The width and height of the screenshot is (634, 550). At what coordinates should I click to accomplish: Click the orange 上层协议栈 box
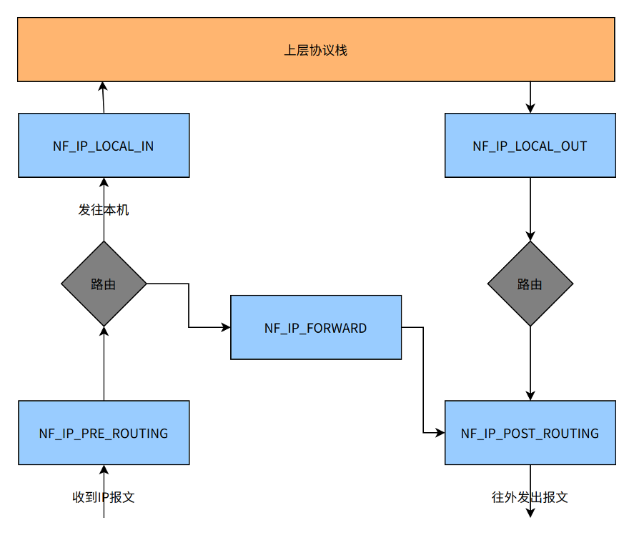[x=316, y=49]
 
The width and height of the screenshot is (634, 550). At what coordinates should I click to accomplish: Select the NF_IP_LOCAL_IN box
[x=104, y=145]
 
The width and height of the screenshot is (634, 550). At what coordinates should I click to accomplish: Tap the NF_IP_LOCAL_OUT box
[x=530, y=145]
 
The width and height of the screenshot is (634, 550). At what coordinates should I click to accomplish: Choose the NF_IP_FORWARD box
[x=315, y=328]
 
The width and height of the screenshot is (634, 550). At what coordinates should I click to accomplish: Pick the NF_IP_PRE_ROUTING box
[x=104, y=433]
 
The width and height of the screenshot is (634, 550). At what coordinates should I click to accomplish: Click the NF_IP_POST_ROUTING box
[x=530, y=433]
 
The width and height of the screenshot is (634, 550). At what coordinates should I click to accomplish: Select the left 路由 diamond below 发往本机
[x=104, y=284]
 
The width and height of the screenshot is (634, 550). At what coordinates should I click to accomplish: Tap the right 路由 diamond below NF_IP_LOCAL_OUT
[x=530, y=284]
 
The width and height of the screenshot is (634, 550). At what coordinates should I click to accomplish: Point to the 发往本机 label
[x=104, y=210]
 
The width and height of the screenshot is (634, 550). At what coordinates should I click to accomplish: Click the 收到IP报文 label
[x=104, y=497]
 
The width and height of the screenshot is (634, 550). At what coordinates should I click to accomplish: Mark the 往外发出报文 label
[x=530, y=497]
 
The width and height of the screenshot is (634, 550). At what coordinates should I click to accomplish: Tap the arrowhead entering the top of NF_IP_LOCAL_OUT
[x=530, y=109]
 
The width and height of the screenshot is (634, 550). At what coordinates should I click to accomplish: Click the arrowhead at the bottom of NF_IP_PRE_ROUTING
[x=104, y=469]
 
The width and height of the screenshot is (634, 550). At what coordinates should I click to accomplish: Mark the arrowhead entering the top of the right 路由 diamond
[x=530, y=236]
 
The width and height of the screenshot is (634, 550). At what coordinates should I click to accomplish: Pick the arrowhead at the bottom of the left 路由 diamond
[x=104, y=331]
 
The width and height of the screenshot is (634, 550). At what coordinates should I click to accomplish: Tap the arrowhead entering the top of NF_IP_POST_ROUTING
[x=530, y=396]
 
